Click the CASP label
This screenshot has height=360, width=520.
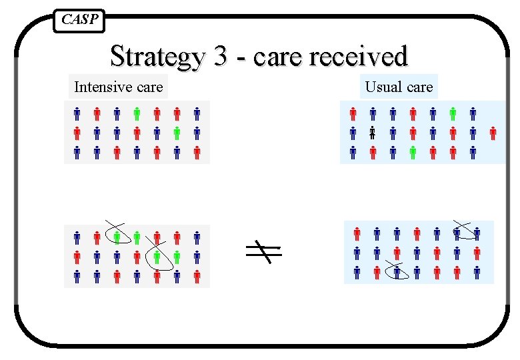point(79,20)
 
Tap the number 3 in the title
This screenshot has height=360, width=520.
point(221,56)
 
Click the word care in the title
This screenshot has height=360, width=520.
point(277,57)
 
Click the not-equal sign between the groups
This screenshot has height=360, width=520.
point(262,251)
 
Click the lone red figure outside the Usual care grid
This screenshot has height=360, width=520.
point(493,133)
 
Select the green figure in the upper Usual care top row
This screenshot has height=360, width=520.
point(453,114)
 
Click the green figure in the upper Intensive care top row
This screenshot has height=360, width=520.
point(137,114)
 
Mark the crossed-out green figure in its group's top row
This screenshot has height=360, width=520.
point(117,237)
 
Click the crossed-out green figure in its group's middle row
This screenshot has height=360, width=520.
point(157,256)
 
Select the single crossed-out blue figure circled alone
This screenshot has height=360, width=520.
point(397,272)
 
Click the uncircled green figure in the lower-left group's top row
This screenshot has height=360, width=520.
point(137,237)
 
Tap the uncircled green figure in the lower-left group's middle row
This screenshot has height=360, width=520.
point(177,256)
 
